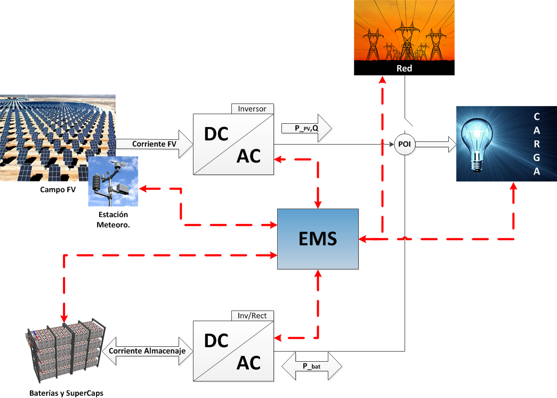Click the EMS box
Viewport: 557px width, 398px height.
[318, 238]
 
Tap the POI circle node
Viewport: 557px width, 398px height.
[405, 144]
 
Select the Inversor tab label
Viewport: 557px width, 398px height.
[253, 108]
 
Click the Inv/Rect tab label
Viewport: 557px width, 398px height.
[253, 315]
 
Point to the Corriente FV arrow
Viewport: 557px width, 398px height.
[155, 144]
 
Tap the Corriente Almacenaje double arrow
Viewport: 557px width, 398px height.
[147, 351]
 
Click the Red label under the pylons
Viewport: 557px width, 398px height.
[405, 68]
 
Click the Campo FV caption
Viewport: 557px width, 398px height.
[57, 189]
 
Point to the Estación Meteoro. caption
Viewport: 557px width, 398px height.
[113, 219]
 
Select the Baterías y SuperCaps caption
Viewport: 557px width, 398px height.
[66, 393]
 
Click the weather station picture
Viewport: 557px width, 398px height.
[113, 181]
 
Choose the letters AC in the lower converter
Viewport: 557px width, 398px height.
[248, 363]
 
